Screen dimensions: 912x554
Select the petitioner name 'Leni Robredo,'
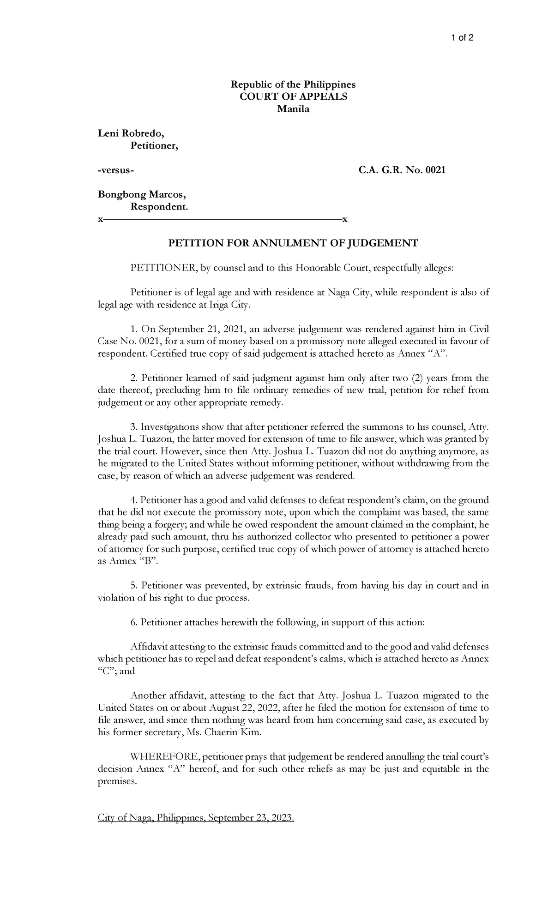pos(131,134)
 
